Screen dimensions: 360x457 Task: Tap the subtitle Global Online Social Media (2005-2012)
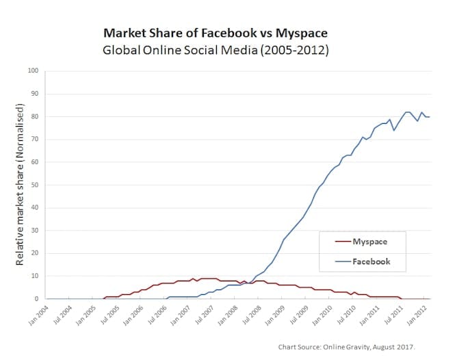[x=216, y=51]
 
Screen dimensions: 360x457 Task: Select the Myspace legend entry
[x=370, y=242]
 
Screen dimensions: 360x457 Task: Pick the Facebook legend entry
[x=371, y=261]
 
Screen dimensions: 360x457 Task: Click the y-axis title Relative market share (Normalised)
[x=21, y=185]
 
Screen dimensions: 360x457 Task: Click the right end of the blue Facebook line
[x=430, y=116]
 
